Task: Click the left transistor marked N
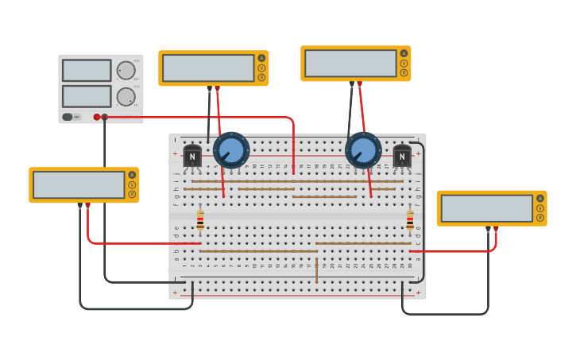192,156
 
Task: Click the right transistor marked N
402,156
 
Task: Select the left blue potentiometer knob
231,150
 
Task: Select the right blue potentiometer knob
363,151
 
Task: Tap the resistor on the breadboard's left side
200,220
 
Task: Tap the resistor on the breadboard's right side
410,220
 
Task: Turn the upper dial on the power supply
126,70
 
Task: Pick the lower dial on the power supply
126,97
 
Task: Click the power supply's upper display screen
87,70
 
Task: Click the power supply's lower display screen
87,96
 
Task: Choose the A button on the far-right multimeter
539,198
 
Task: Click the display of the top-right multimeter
350,64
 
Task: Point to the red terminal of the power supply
97,117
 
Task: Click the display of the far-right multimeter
486,208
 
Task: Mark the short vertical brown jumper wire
316,270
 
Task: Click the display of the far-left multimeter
79,184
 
